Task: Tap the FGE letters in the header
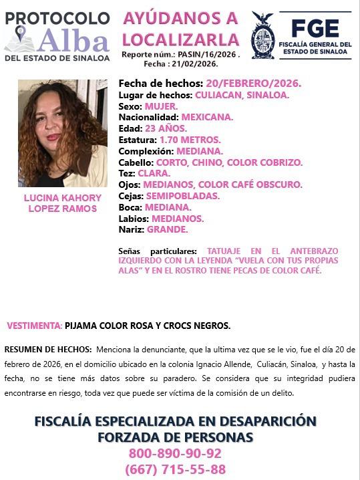(x=315, y=27)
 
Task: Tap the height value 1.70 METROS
(x=190, y=140)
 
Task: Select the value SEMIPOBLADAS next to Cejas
(x=182, y=196)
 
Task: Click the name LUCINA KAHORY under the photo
(x=62, y=198)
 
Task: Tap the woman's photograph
(x=62, y=133)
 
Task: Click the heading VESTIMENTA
(x=34, y=326)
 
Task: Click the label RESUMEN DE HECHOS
(x=48, y=349)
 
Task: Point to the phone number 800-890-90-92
(x=175, y=453)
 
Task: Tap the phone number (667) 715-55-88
(x=175, y=469)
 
